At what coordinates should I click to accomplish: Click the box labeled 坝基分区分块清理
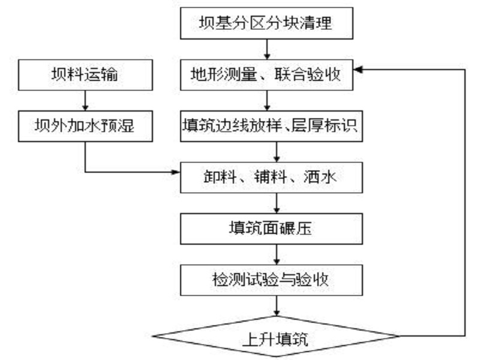click(x=266, y=23)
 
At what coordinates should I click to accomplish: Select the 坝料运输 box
click(x=85, y=75)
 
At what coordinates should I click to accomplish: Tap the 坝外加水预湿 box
click(x=85, y=126)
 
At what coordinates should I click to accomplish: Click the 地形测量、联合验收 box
click(x=266, y=75)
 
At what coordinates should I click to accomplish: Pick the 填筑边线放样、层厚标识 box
click(x=272, y=126)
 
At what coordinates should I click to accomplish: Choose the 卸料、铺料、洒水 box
click(x=272, y=178)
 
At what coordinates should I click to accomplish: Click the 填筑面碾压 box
click(x=272, y=229)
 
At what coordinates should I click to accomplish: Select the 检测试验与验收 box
click(x=272, y=280)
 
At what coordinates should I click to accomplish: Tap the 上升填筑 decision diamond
click(x=276, y=337)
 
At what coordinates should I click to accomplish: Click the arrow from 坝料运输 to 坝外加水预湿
click(x=85, y=100)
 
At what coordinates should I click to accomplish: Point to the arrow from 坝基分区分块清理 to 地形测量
click(x=267, y=49)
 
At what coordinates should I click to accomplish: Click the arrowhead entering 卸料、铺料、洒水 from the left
click(x=176, y=172)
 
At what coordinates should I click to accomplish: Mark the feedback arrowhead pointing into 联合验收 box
click(x=358, y=70)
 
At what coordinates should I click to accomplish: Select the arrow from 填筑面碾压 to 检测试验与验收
click(x=277, y=254)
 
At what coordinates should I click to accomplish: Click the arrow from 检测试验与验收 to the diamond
click(x=277, y=306)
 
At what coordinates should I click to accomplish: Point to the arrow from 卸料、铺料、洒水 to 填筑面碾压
click(x=277, y=203)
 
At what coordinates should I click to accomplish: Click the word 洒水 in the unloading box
click(x=320, y=177)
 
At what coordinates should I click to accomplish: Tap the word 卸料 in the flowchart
click(x=220, y=177)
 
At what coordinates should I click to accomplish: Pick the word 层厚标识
click(x=324, y=126)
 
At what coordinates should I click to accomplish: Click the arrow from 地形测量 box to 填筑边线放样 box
click(x=267, y=100)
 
